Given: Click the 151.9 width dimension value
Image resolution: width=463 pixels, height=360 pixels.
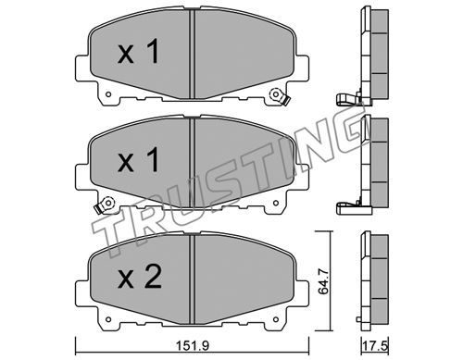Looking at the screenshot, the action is pos(193,346).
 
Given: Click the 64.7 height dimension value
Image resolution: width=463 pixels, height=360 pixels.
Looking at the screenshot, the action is pos(323,281).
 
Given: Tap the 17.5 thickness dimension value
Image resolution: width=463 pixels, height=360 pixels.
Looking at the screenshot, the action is pos(376,346).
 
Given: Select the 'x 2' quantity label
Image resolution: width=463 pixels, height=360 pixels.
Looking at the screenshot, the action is pos(140,278).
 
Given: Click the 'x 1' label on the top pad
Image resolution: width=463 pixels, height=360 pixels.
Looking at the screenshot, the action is pos(138,52).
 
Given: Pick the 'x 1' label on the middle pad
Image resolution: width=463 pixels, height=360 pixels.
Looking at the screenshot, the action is pos(138,159).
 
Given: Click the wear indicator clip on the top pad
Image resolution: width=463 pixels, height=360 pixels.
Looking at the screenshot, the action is pos(280,97).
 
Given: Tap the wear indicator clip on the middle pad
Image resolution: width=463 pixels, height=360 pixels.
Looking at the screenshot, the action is pos(104,205).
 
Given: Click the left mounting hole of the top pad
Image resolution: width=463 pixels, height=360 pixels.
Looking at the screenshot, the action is pos(108,94).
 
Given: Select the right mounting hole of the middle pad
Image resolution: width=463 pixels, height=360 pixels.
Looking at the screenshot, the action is pos(276,203).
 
